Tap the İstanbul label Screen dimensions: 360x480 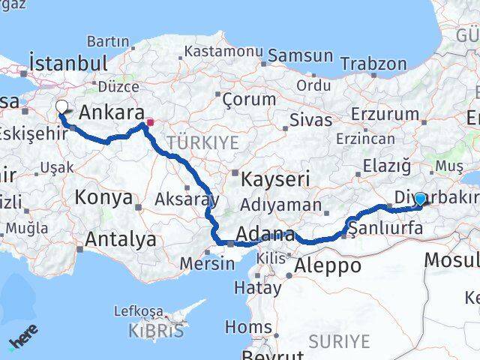pos(67,61)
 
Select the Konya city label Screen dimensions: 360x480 pos(103,198)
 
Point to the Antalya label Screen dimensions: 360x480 pos(121,239)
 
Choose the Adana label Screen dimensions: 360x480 pos(266,235)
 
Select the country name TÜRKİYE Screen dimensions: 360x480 pos(202,142)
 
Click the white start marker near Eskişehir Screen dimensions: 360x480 pos(62,106)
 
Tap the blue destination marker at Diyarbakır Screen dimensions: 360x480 pos(420,199)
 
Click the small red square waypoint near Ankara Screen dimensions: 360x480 pos(150,121)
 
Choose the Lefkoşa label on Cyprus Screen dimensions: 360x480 pos(138,310)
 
